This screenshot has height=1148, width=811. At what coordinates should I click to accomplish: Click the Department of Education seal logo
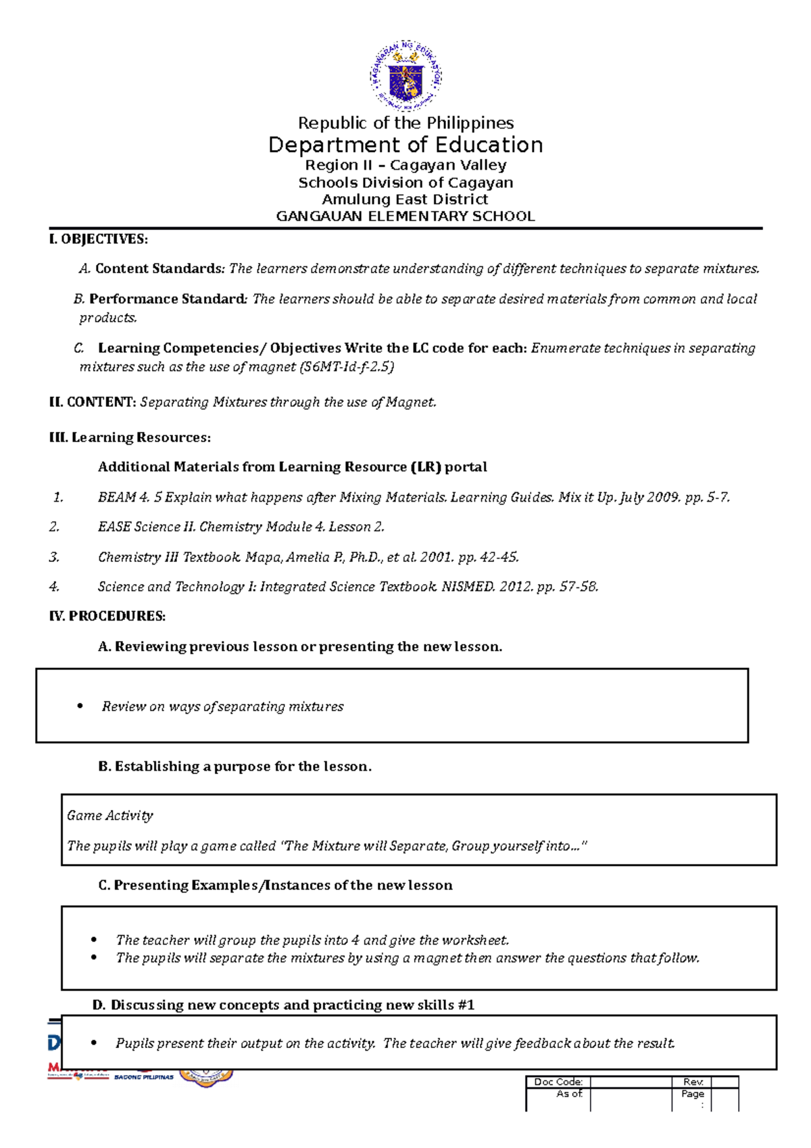pyautogui.click(x=405, y=76)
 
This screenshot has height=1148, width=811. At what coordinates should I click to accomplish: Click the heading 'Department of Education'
pyautogui.click(x=405, y=145)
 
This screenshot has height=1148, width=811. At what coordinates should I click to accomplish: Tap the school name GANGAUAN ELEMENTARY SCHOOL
pyautogui.click(x=405, y=216)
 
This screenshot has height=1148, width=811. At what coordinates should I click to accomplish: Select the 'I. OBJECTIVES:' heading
pyautogui.click(x=98, y=239)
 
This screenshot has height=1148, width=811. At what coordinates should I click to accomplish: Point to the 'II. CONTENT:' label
pyautogui.click(x=93, y=402)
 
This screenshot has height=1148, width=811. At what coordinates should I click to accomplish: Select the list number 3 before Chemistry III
pyautogui.click(x=54, y=557)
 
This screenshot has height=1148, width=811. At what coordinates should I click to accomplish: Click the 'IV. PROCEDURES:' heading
pyautogui.click(x=107, y=616)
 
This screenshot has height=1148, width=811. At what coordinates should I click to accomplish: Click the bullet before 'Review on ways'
pyautogui.click(x=80, y=707)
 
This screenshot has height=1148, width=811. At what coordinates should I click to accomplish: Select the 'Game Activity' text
pyautogui.click(x=110, y=815)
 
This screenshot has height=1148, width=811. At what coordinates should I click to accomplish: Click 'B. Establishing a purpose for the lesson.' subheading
pyautogui.click(x=235, y=766)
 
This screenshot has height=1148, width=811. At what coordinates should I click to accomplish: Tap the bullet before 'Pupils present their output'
pyautogui.click(x=94, y=1043)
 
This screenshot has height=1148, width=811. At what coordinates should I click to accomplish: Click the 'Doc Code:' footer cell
pyautogui.click(x=558, y=1082)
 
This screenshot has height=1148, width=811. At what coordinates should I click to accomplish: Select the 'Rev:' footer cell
pyautogui.click(x=693, y=1082)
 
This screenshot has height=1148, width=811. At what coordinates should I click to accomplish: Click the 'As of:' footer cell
pyautogui.click(x=569, y=1093)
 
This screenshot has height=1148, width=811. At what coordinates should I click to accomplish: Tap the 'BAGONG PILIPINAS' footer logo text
pyautogui.click(x=144, y=1077)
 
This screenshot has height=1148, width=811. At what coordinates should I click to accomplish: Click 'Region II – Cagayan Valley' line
pyautogui.click(x=405, y=165)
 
